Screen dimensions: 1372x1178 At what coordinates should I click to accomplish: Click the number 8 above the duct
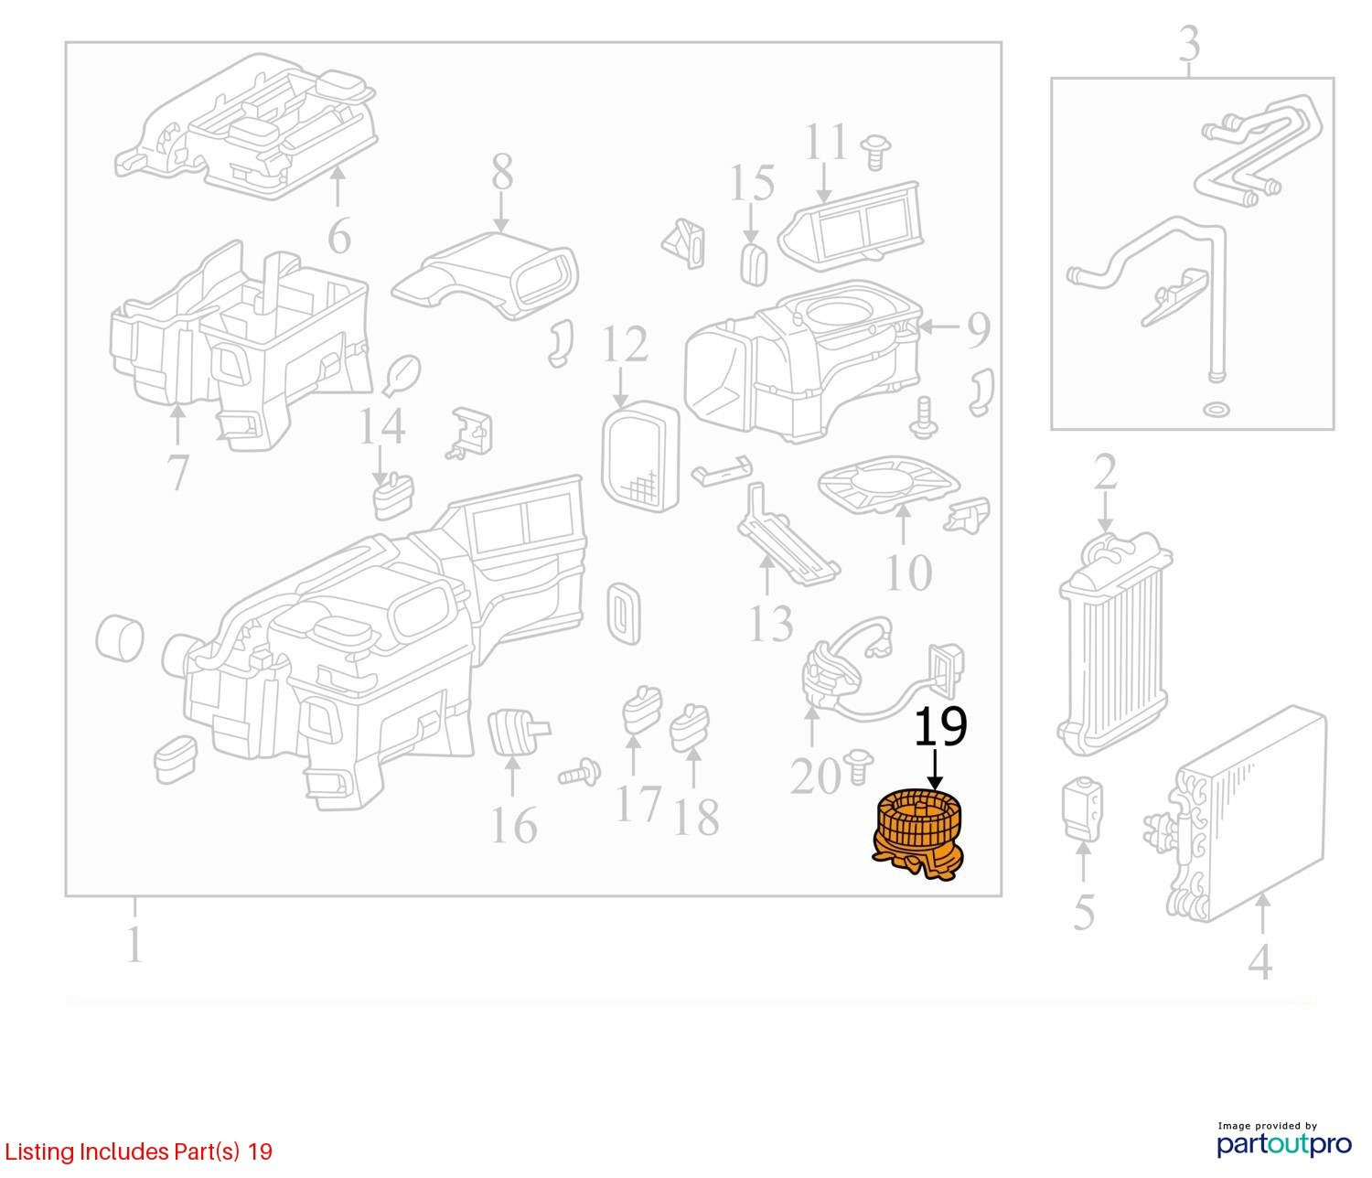click(502, 173)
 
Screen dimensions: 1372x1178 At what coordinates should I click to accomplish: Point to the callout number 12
click(625, 345)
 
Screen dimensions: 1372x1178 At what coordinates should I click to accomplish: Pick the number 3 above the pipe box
click(1190, 44)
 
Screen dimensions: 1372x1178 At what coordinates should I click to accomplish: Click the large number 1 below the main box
click(134, 944)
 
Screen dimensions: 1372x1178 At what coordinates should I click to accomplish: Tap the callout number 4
click(1259, 962)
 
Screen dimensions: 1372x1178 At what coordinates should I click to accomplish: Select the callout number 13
click(771, 623)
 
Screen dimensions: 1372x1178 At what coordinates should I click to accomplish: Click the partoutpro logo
click(1284, 1145)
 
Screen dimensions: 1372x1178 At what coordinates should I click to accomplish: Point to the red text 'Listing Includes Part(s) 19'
click(139, 1151)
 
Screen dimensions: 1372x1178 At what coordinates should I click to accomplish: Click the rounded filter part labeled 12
click(641, 456)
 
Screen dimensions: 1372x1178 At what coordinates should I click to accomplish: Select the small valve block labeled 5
click(1082, 810)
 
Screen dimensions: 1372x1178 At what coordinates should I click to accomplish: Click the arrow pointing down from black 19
click(935, 769)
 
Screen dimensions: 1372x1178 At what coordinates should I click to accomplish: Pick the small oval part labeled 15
click(754, 263)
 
